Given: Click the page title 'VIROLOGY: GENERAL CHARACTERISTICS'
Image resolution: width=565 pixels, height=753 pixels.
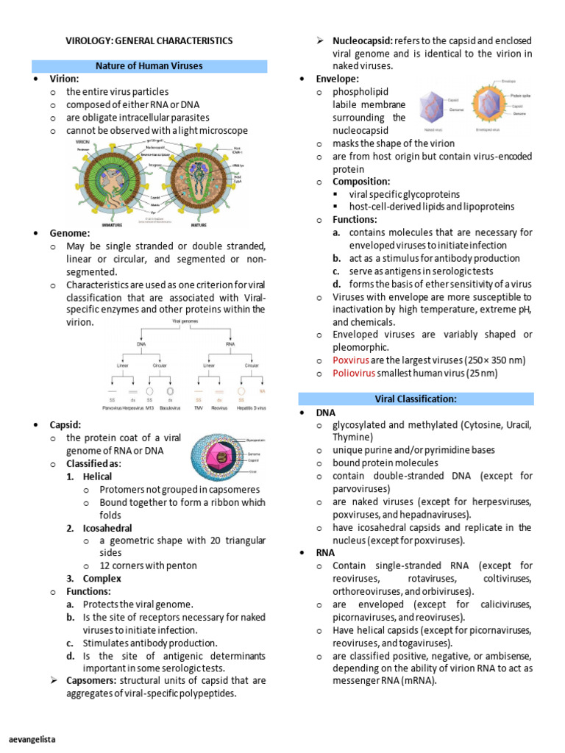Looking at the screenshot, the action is tap(149, 40).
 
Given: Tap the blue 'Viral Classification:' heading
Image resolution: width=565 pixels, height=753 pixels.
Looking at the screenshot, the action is tap(416, 399).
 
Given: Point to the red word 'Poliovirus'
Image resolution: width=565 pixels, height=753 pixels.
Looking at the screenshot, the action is tap(354, 374).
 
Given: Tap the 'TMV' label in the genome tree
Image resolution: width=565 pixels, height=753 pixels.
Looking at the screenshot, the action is tap(198, 406).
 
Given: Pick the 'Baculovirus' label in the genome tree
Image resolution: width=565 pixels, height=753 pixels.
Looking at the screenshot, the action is tap(171, 406).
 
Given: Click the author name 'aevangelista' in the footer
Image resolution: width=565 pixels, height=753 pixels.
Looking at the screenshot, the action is tap(32, 738).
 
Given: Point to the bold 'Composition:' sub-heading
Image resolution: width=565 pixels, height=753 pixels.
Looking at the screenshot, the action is tap(361, 181).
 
